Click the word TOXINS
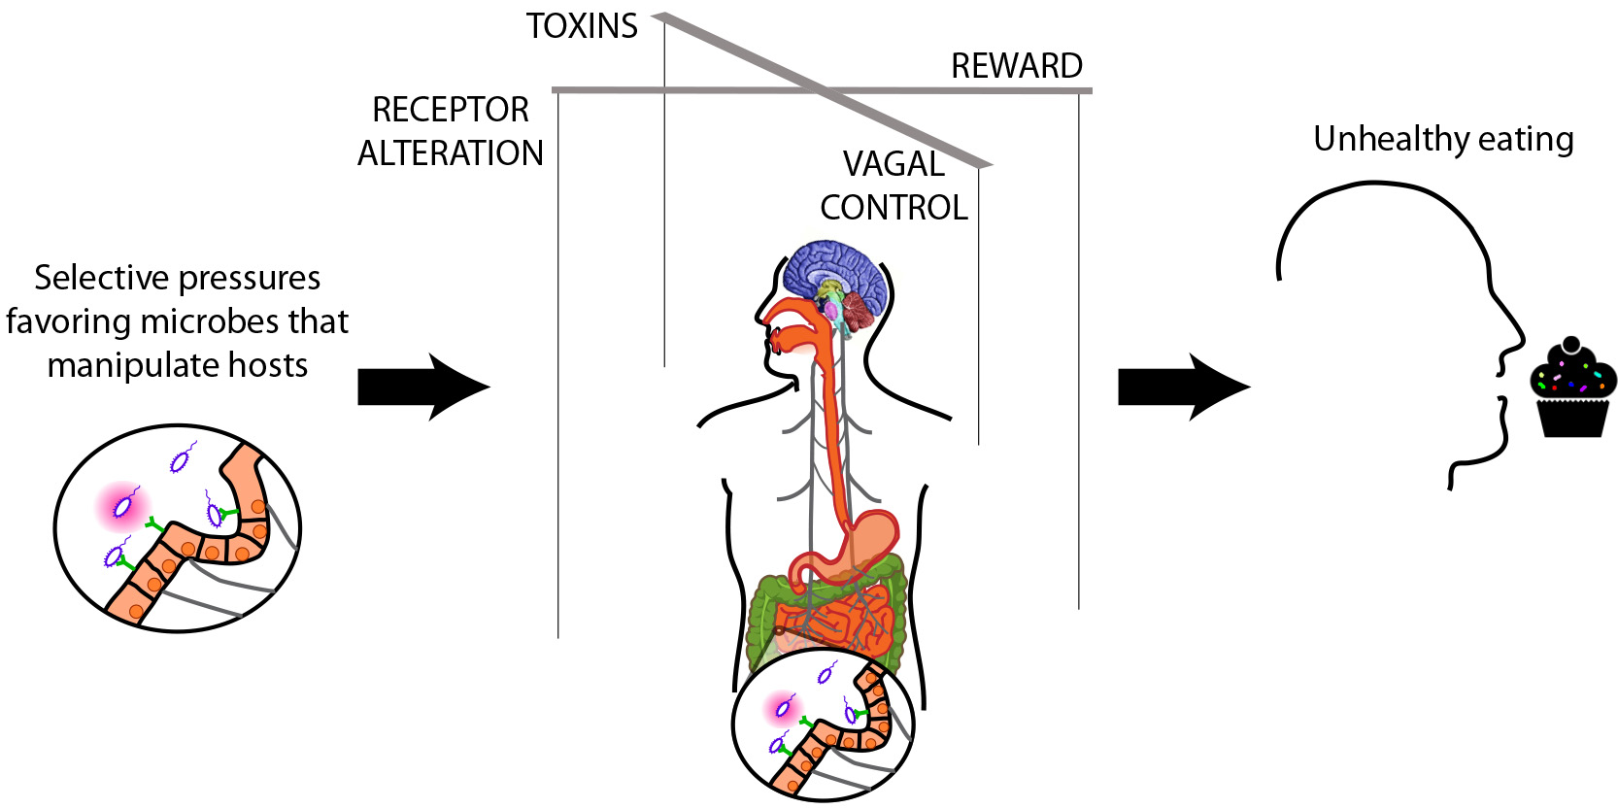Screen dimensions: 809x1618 [x=582, y=26]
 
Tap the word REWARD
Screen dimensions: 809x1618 [x=1016, y=66]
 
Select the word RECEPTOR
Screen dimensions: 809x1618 [x=451, y=110]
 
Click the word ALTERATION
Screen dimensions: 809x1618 [x=451, y=153]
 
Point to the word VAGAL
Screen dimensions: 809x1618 [x=893, y=164]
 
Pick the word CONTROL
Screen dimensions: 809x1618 [x=893, y=208]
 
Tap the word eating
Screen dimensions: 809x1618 [x=1526, y=140]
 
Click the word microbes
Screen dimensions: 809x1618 [x=238, y=321]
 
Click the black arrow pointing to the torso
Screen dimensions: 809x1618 [x=423, y=387]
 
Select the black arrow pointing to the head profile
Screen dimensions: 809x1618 [x=1184, y=387]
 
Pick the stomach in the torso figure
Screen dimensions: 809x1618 [x=874, y=537]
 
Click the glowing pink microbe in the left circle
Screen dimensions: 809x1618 [x=123, y=506]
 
